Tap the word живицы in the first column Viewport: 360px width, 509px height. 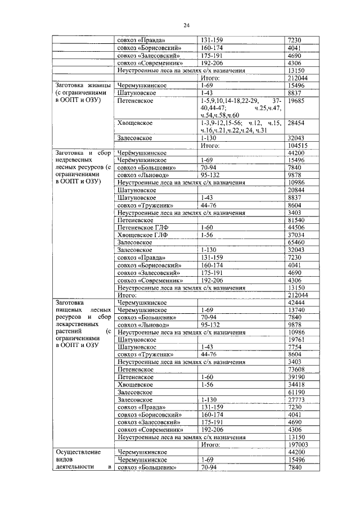coord(94,86)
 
